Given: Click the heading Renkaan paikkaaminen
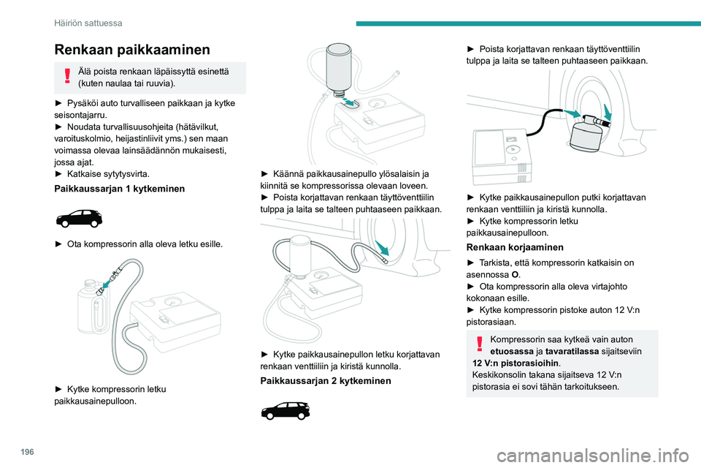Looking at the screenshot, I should point(132,50).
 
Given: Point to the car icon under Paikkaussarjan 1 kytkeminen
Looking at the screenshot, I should point(79,217).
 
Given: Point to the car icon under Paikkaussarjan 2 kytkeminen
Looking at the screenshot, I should point(286,410).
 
